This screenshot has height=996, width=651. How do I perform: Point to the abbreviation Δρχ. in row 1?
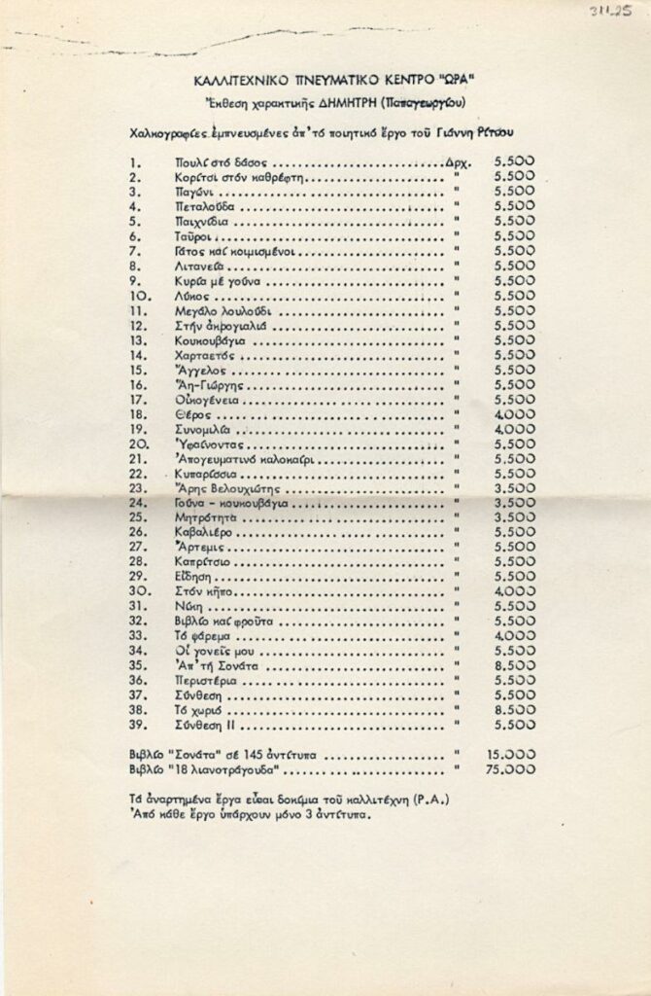click(456, 163)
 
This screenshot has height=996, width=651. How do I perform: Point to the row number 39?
click(139, 726)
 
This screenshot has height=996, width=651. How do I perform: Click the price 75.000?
click(510, 768)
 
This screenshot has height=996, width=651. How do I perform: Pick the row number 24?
click(139, 503)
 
